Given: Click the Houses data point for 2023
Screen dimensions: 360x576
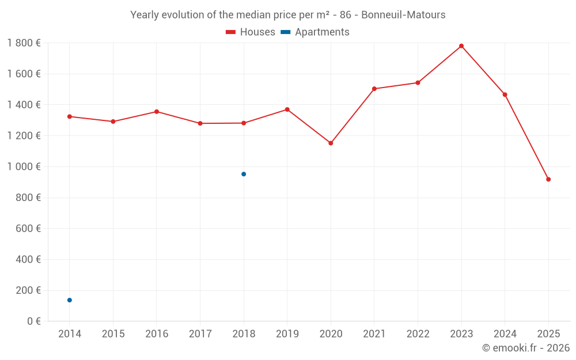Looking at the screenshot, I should pos(461,46).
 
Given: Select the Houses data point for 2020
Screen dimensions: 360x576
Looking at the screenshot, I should pos(331,143).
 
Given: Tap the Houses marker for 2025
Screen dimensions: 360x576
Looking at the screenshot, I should pos(548,179).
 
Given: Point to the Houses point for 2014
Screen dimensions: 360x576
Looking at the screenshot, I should pos(70,116).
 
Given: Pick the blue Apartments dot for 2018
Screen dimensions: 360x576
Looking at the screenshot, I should pos(244,174).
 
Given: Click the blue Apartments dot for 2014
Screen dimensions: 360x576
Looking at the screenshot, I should pos(70,300).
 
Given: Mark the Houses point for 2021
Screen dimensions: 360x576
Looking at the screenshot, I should pos(374,89).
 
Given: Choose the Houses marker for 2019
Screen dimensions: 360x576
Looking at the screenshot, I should pos(287,109).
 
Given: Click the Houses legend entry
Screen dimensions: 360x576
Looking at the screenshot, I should pos(251,32).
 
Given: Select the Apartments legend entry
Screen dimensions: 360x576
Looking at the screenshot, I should pos(315,32).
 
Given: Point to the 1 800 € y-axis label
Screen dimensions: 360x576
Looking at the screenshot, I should pos(24,43).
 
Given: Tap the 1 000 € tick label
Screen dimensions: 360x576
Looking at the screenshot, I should pos(24,167).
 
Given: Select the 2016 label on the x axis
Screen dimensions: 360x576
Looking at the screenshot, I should pos(157,334).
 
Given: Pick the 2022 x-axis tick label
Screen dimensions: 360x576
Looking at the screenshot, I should pos(418,334).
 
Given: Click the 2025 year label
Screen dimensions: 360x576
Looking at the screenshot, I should pos(548,334).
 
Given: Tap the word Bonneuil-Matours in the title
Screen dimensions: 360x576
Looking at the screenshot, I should pos(403,15).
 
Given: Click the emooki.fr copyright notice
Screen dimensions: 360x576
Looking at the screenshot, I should pos(526,348).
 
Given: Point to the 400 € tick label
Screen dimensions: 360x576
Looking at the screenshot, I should pos(27,260).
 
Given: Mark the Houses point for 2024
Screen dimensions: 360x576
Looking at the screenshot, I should pos(505,94).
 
